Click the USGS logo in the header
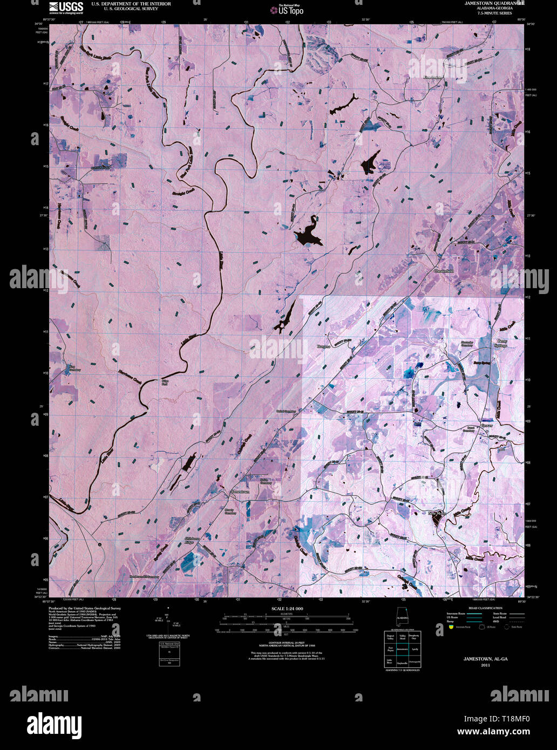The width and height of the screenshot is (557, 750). click(66, 6)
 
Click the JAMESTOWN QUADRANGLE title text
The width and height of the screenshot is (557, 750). click(494, 3)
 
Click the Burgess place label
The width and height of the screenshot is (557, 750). click(323, 346)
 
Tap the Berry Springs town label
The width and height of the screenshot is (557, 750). click(501, 343)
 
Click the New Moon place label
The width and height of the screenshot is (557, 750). click(436, 513)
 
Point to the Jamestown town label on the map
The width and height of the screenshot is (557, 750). click(240, 492)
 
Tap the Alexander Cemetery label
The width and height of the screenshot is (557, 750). click(467, 344)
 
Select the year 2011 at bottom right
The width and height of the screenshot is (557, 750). click(486, 665)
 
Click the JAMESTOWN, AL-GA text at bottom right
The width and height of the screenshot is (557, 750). click(486, 659)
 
